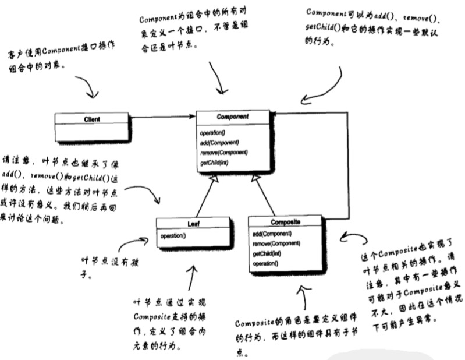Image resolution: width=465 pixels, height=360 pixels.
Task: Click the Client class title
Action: [91, 119]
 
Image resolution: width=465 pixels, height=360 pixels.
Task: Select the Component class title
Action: [233, 117]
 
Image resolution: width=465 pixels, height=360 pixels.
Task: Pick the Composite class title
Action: [285, 222]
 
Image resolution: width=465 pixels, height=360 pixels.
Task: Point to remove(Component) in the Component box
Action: [223, 152]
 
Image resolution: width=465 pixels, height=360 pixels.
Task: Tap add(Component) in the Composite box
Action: [272, 234]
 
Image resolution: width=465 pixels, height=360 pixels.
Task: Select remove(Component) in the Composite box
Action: [276, 243]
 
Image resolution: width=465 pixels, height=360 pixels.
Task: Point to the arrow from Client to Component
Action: [163, 117]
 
